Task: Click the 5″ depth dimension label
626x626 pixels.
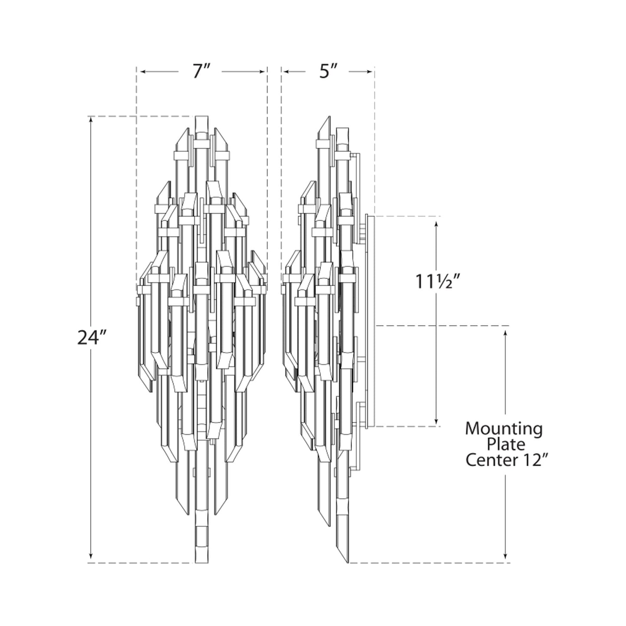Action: [328, 71]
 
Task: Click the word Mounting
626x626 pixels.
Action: [504, 429]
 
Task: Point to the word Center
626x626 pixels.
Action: [489, 461]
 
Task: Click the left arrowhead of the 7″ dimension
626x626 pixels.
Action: [143, 71]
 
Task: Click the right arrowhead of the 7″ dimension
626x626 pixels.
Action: [262, 71]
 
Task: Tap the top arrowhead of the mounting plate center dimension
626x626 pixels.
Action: [505, 334]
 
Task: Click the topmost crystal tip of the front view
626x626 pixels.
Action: [202, 116]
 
